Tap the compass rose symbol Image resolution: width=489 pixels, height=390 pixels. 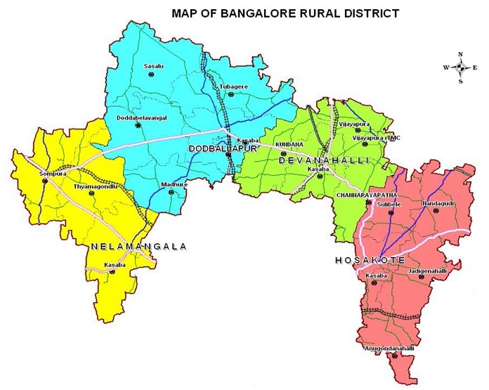(x=461, y=67)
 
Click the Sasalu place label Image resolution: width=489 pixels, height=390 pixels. (x=152, y=66)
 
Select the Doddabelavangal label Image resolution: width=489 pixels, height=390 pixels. (x=141, y=117)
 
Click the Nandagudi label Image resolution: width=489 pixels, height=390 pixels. (x=436, y=202)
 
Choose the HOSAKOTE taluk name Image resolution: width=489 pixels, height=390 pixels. (x=370, y=260)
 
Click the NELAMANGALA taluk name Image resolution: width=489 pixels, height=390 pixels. (x=138, y=247)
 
